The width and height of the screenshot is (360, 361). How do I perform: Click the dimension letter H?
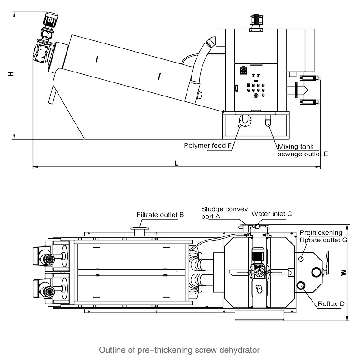pyautogui.click(x=11, y=74)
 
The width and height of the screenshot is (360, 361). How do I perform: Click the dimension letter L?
pyautogui.click(x=176, y=164)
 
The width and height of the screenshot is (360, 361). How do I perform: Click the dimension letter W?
pyautogui.click(x=344, y=273)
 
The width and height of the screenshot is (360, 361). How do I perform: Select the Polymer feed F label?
pyautogui.click(x=207, y=145)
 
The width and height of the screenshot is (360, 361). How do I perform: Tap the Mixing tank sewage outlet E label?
pyautogui.click(x=302, y=150)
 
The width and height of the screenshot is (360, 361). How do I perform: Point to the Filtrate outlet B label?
pyautogui.click(x=160, y=215)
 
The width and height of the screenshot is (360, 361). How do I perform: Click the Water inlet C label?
pyautogui.click(x=272, y=214)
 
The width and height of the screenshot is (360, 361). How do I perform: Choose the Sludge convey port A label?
pyautogui.click(x=225, y=212)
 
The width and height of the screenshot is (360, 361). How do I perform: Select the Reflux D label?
pyautogui.click(x=331, y=303)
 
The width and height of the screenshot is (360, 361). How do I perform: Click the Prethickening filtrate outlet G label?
pyautogui.click(x=323, y=236)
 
